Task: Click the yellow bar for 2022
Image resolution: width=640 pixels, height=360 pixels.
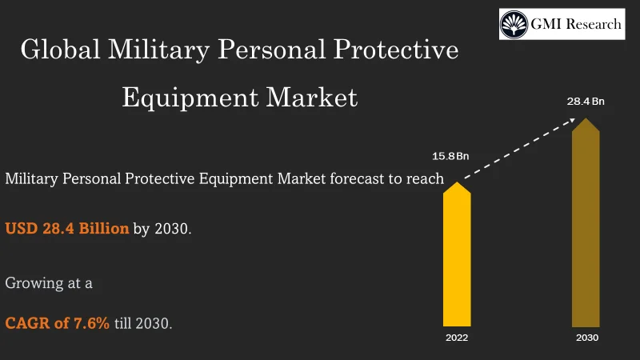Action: [x=457, y=256]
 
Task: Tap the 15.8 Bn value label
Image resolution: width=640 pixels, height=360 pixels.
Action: [x=450, y=155]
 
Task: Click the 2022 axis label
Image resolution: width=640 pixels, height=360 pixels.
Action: [x=457, y=338]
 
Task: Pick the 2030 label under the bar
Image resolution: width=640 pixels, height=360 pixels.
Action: [x=586, y=338]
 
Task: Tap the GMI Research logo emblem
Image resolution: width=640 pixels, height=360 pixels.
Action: [x=514, y=24]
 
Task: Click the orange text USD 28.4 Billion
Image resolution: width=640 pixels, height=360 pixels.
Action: [x=67, y=229]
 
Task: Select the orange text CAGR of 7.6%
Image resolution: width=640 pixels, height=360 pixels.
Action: [x=57, y=325]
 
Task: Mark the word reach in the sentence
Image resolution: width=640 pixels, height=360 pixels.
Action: [x=424, y=178]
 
